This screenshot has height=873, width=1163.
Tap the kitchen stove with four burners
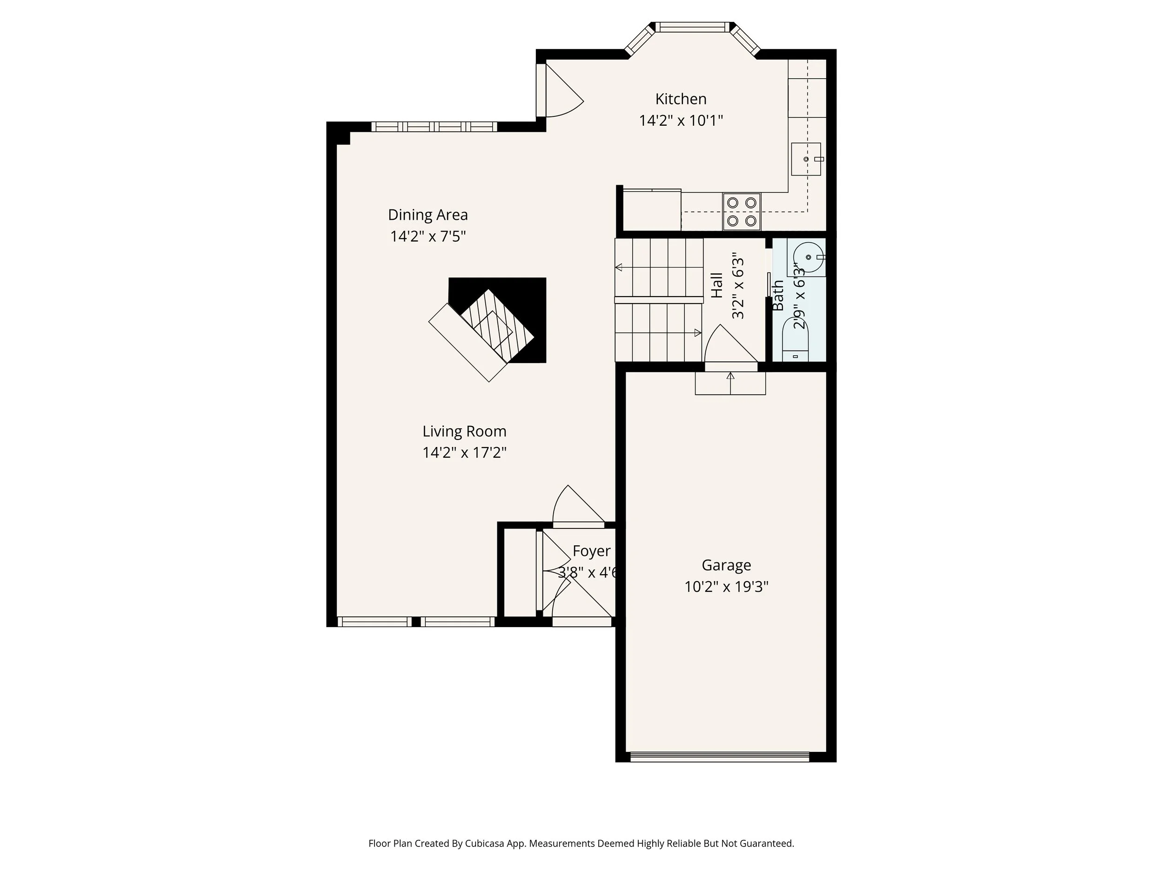742,211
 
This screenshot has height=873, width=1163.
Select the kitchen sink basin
805,159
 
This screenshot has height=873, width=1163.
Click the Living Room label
464,432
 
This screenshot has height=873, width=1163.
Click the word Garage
726,565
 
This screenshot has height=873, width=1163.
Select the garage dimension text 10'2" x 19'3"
726,587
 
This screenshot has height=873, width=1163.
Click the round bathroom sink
808,258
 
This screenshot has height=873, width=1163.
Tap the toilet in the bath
795,342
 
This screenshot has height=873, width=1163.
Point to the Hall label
716,286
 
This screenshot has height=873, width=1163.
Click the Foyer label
591,551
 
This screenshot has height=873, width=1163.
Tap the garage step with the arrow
730,383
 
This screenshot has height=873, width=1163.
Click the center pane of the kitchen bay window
692,27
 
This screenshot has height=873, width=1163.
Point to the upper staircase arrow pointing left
619,267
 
